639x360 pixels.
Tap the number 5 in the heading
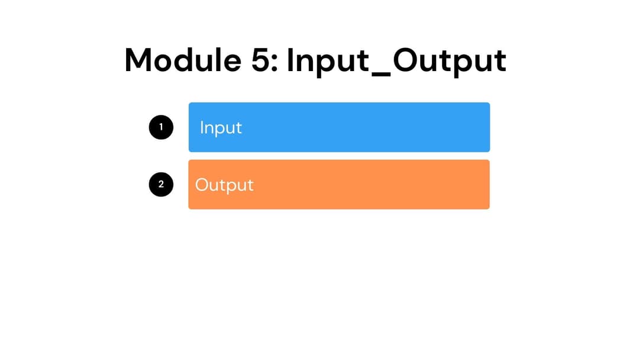261,60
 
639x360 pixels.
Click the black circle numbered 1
161,127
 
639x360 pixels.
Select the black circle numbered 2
161,184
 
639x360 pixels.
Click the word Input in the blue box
221,127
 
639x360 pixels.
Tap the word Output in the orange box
224,185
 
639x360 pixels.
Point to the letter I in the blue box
202,127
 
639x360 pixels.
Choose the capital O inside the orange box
202,185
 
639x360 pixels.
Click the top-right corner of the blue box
489,104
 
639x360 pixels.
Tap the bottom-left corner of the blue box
190,151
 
